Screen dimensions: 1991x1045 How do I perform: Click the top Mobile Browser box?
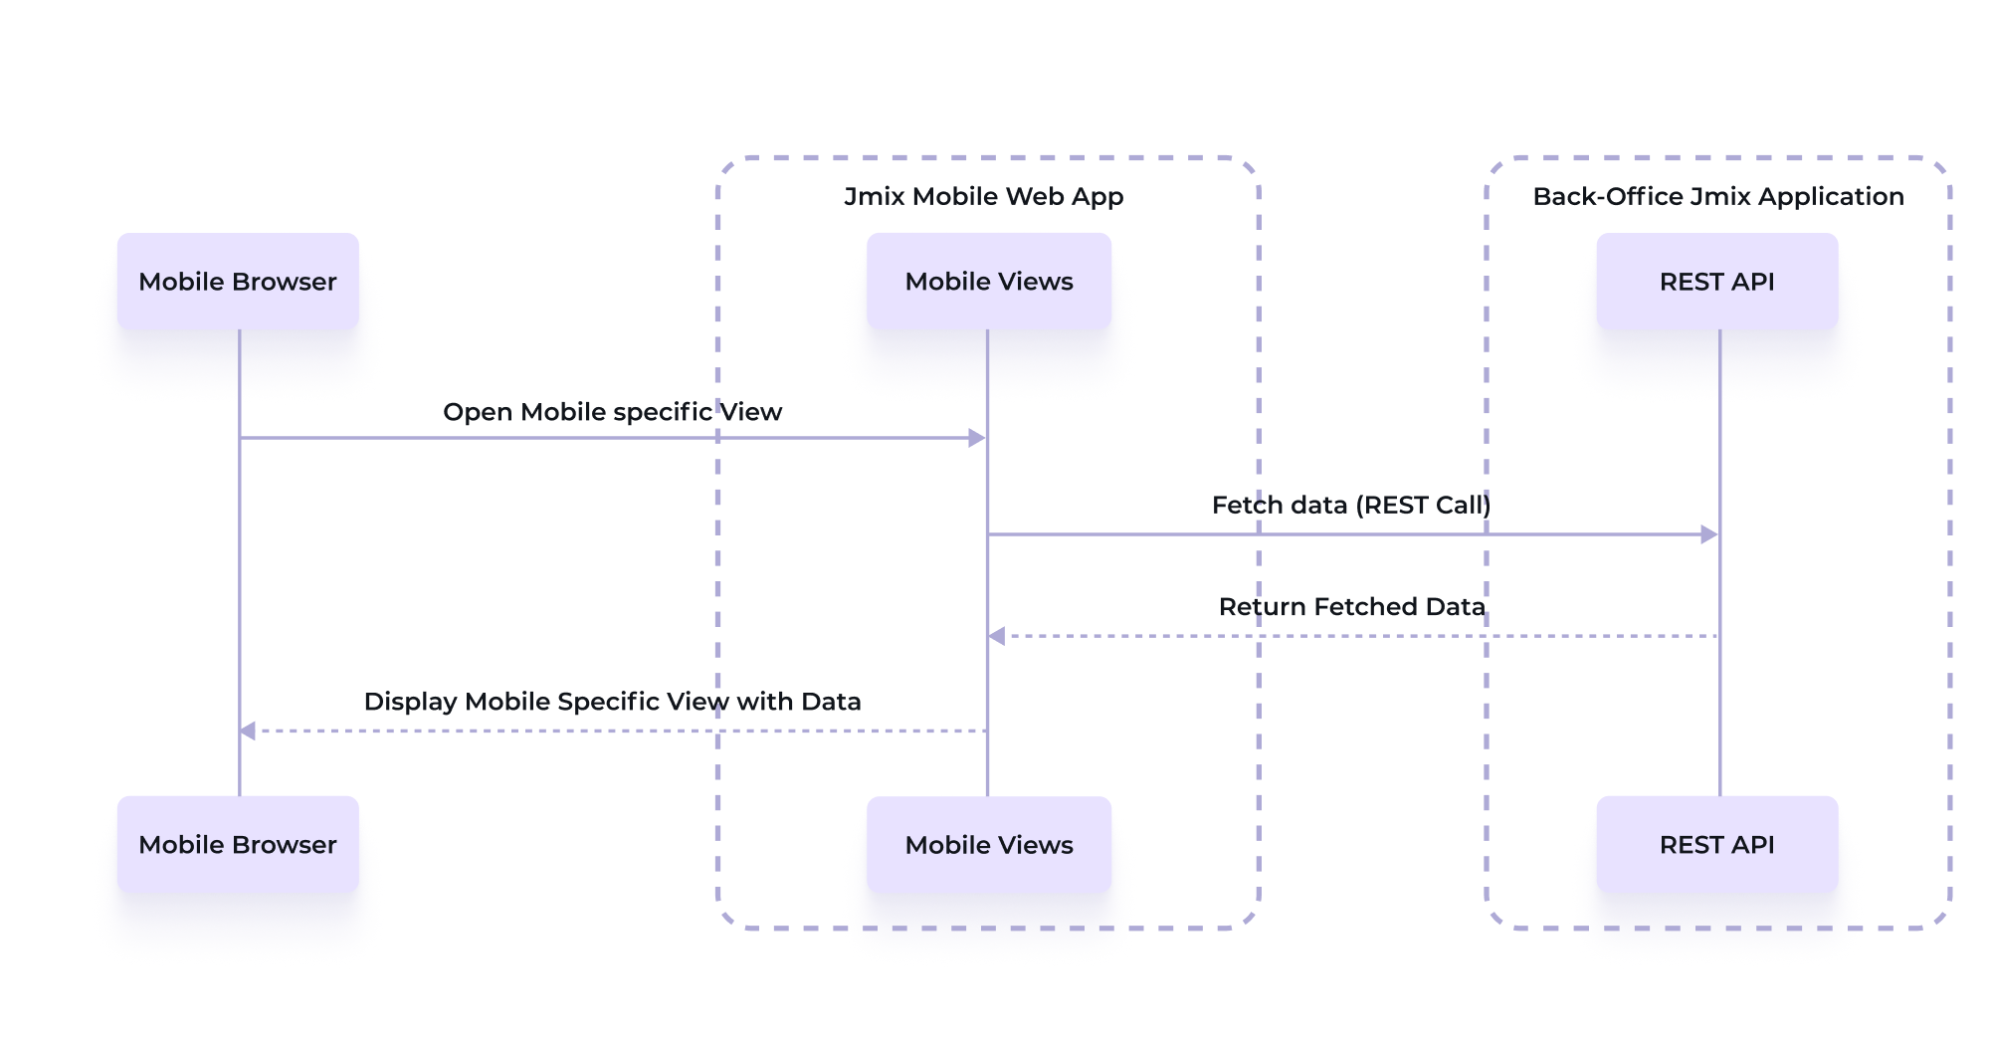(x=238, y=282)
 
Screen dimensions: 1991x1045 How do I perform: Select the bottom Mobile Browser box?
(x=238, y=845)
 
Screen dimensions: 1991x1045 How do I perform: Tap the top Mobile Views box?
(x=989, y=282)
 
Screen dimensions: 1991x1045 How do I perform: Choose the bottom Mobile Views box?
(x=989, y=845)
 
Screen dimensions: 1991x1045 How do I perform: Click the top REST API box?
(x=1717, y=282)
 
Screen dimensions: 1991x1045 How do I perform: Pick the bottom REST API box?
(x=1717, y=845)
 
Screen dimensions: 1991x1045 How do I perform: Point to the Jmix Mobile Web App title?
(x=984, y=197)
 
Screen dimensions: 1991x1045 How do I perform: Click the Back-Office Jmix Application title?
(x=1718, y=197)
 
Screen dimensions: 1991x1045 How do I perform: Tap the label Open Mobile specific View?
(x=613, y=412)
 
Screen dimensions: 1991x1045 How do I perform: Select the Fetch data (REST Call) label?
(x=1351, y=506)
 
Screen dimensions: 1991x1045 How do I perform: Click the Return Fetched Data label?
(x=1352, y=607)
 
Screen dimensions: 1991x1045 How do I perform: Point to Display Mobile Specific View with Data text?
(x=613, y=702)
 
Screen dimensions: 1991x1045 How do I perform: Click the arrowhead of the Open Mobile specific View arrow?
(x=977, y=438)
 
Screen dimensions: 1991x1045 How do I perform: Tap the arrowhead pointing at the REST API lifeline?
(x=1709, y=534)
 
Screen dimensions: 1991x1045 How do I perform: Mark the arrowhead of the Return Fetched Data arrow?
(x=997, y=636)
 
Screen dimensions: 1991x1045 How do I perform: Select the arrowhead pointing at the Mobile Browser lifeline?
(x=248, y=731)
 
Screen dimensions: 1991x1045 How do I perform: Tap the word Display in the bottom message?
(x=410, y=703)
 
